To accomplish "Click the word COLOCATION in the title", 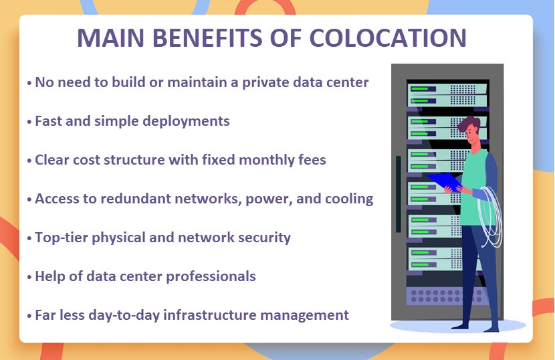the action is click(388, 37).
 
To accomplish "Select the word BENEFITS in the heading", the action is click(207, 37).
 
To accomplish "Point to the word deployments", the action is click(186, 122).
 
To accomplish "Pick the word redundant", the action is click(136, 199).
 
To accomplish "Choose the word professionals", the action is click(211, 277).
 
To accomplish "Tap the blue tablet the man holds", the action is click(444, 181).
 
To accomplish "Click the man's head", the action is click(470, 130).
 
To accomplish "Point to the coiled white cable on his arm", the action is click(490, 216).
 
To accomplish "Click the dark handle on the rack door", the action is click(399, 194).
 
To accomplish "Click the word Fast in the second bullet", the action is click(47, 121).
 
